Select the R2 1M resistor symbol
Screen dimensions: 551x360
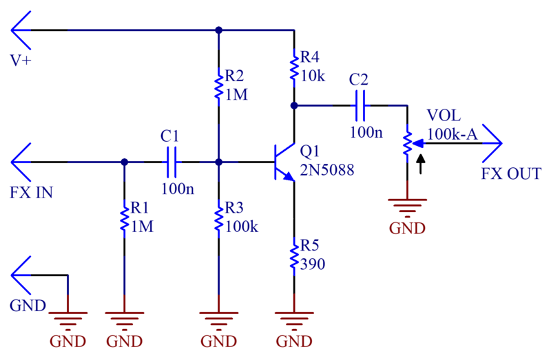pos(218,87)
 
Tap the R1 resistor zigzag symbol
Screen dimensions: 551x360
pos(124,219)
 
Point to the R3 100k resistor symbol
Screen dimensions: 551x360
pos(218,219)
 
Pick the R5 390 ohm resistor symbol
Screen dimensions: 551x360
pos(294,257)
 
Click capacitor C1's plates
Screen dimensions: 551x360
pos(171,162)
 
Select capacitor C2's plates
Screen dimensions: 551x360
pos(360,105)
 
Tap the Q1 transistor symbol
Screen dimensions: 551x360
pos(284,162)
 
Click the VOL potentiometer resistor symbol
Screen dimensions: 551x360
pos(407,143)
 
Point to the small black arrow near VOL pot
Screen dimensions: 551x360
pos(421,165)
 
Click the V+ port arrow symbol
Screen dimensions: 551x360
pos(21,30)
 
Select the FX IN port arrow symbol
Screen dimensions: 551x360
pos(21,162)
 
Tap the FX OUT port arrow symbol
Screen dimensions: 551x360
pos(492,143)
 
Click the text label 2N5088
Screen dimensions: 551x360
pos(326,170)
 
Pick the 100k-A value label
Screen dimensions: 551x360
pos(453,134)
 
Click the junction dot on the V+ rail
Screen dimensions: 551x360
pos(218,30)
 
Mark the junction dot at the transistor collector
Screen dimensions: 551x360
pos(294,105)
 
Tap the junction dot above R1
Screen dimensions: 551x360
pos(124,162)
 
